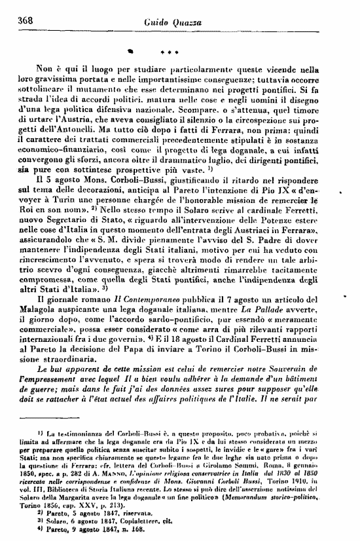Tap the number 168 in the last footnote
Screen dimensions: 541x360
(120, 534)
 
